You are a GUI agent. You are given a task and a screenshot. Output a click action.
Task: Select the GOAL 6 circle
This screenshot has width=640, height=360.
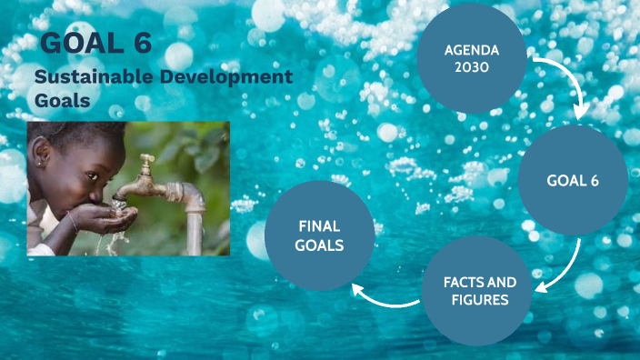tap(573, 180)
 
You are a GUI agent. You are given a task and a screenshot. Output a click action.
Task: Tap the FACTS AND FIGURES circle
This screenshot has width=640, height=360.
tap(479, 290)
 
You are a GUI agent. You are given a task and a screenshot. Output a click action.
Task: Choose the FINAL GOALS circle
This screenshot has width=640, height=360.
tap(319, 235)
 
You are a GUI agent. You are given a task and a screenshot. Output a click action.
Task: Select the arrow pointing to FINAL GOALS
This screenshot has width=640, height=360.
tap(382, 298)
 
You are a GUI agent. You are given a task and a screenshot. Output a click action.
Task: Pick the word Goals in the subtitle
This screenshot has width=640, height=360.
tap(63, 100)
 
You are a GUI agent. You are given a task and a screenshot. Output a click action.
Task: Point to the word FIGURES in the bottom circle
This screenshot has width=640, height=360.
tap(479, 299)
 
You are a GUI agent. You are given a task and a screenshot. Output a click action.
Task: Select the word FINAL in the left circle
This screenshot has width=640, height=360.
tap(319, 226)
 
